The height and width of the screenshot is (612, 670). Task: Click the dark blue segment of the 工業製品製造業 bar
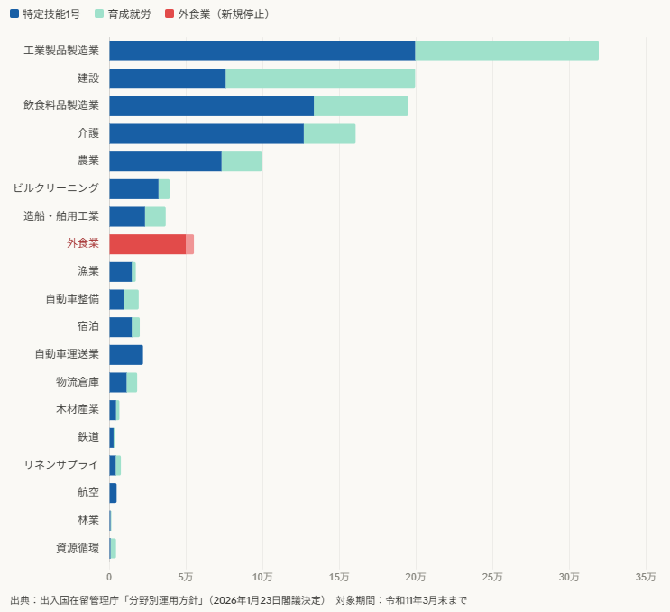262,51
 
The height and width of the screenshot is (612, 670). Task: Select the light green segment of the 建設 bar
320,78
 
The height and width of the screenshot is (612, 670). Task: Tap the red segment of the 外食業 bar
147,244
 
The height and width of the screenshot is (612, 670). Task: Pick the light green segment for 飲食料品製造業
361,106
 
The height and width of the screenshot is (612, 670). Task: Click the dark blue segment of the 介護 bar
207,133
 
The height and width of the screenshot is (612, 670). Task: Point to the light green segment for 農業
242,161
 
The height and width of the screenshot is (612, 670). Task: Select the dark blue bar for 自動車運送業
126,355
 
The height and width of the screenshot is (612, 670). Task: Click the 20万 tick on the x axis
416,577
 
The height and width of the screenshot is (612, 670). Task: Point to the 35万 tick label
646,577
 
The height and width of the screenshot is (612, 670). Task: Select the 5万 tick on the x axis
186,577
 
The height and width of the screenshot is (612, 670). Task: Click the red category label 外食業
82,244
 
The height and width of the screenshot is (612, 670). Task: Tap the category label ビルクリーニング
56,188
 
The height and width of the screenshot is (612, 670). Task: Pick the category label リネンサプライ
61,465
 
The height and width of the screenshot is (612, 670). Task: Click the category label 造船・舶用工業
61,216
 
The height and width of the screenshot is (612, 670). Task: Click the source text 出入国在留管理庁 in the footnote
79,600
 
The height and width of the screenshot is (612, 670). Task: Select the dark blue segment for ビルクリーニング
133,189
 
